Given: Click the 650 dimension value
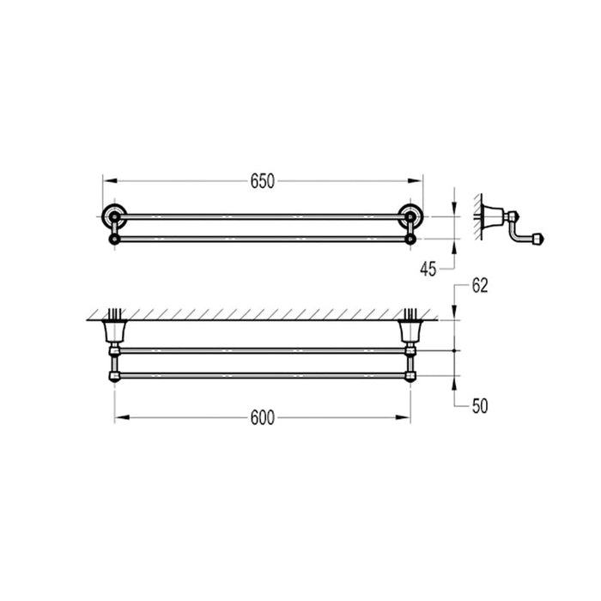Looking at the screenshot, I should (x=262, y=181).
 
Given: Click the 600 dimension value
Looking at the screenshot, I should (x=262, y=418).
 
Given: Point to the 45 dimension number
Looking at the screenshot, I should (x=429, y=269).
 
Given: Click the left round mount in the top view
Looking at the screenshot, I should (x=112, y=216).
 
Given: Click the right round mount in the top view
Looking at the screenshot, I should (x=413, y=216).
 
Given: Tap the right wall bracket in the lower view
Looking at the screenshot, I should (x=410, y=331).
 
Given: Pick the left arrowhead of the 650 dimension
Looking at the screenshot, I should (x=107, y=181).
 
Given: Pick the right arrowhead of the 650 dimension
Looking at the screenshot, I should (x=418, y=181).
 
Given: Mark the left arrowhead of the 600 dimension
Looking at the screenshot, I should (x=118, y=418).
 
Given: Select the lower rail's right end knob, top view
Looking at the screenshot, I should (x=412, y=238).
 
